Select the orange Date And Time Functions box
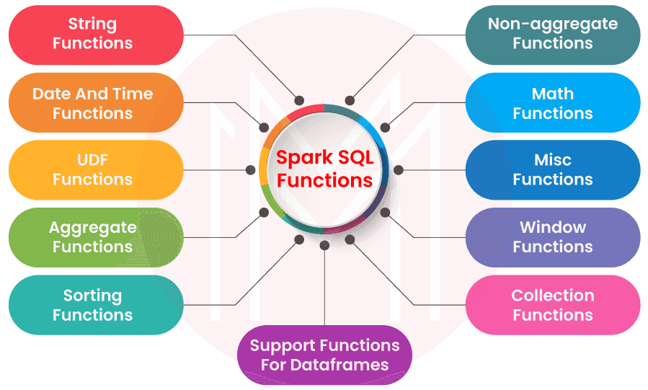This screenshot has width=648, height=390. tap(93, 103)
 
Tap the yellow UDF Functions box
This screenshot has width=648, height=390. tap(93, 170)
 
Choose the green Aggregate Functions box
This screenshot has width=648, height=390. tap(93, 237)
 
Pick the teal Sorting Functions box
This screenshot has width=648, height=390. tap(93, 305)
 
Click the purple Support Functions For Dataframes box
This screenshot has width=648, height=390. tap(324, 355)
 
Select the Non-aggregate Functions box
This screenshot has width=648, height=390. tap(553, 34)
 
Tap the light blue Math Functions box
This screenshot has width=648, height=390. tap(553, 103)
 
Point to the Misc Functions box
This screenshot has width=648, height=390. tap(553, 170)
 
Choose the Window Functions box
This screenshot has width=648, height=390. tap(553, 237)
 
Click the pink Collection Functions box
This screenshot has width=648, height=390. tap(553, 305)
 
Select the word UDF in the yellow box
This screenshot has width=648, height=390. tap(93, 160)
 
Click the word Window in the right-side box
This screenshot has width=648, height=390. tap(553, 228)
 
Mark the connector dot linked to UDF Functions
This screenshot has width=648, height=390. tap(251, 170)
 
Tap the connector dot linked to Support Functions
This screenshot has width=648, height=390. tap(324, 245)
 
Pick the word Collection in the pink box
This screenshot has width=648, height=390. tap(553, 296)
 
